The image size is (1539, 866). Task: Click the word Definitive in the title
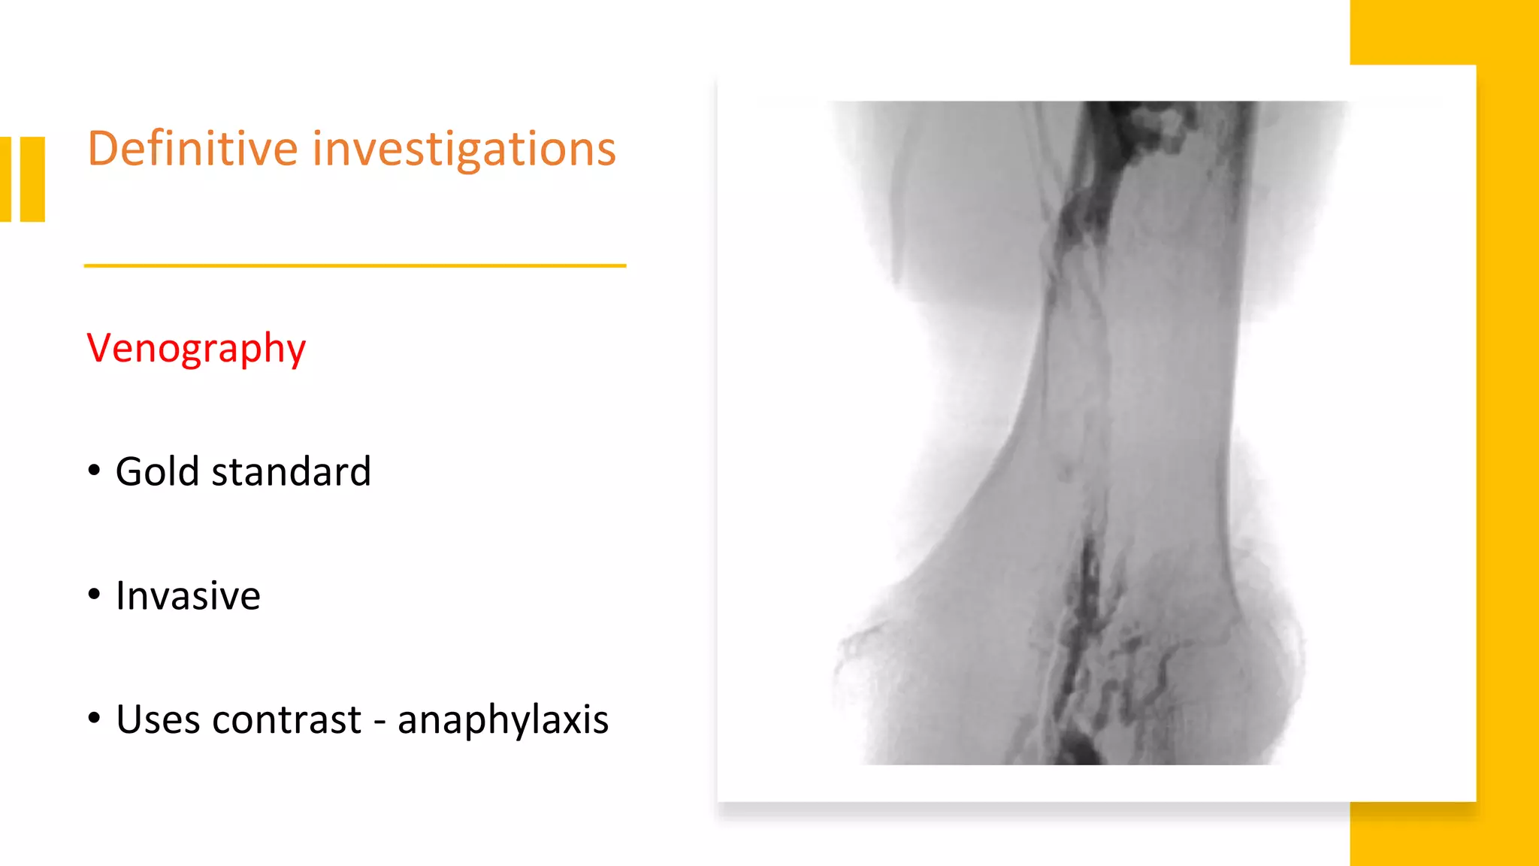[193, 148]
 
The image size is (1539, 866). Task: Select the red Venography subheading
[196, 348]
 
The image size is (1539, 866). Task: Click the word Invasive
[188, 596]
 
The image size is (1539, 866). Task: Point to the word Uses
[158, 719]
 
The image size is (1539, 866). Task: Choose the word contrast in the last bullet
[286, 719]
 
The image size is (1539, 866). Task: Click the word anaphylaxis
[503, 719]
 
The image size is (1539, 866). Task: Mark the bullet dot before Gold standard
[94, 471]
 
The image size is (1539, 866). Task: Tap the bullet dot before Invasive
[94, 595]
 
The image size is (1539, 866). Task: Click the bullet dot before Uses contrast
[94, 718]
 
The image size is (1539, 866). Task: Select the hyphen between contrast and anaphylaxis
[379, 722]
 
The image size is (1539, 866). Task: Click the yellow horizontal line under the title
[355, 265]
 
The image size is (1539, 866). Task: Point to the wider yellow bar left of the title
[32, 179]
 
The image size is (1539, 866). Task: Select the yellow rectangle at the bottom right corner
[1443, 834]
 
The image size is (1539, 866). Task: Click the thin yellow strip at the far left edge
[5, 179]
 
